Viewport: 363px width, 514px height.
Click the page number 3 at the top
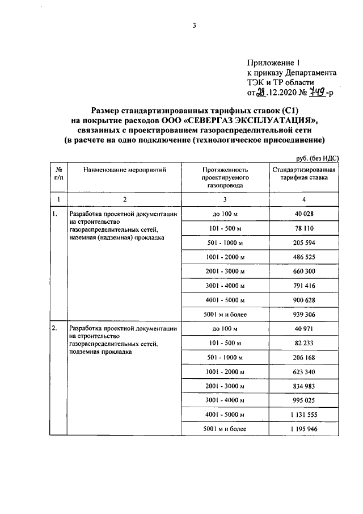[x=194, y=25]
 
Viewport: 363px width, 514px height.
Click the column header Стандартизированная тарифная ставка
[x=304, y=174]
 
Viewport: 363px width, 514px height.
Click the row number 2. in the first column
[x=54, y=329]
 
